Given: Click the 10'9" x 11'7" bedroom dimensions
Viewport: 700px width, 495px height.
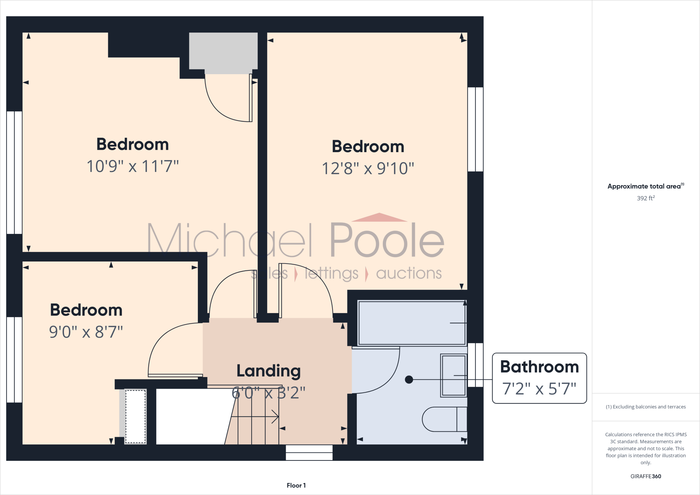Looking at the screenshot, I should tap(133, 166).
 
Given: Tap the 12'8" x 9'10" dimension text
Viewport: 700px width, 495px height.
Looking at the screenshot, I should tap(368, 169).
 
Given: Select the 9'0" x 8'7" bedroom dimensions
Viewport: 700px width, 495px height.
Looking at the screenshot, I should tap(86, 332).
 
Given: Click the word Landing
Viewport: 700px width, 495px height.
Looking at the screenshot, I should tap(269, 371).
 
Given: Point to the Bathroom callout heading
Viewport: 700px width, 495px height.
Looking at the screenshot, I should tap(539, 367).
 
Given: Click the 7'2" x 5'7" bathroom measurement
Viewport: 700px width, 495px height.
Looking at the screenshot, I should tap(539, 389).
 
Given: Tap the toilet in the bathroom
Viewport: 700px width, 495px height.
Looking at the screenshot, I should tap(444, 419).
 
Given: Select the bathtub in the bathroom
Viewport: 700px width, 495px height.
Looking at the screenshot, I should tap(412, 323).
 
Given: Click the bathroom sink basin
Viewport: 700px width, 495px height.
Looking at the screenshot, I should tap(454, 375).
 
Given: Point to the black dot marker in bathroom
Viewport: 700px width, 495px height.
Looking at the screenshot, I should tap(409, 379).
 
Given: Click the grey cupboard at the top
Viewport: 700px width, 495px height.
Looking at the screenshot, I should tap(223, 53).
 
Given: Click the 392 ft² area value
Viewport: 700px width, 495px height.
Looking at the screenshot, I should tap(646, 198).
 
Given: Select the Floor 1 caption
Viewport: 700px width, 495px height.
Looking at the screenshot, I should tap(296, 485).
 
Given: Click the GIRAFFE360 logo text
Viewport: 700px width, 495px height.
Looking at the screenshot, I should tap(646, 476).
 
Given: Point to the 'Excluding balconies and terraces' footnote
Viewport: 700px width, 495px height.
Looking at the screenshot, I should tap(646, 407).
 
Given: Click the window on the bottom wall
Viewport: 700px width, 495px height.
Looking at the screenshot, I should tap(309, 453).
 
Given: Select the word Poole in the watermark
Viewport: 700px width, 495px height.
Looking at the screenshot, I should tap(387, 240).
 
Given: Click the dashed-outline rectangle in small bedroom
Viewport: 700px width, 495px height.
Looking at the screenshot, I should tap(135, 416).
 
